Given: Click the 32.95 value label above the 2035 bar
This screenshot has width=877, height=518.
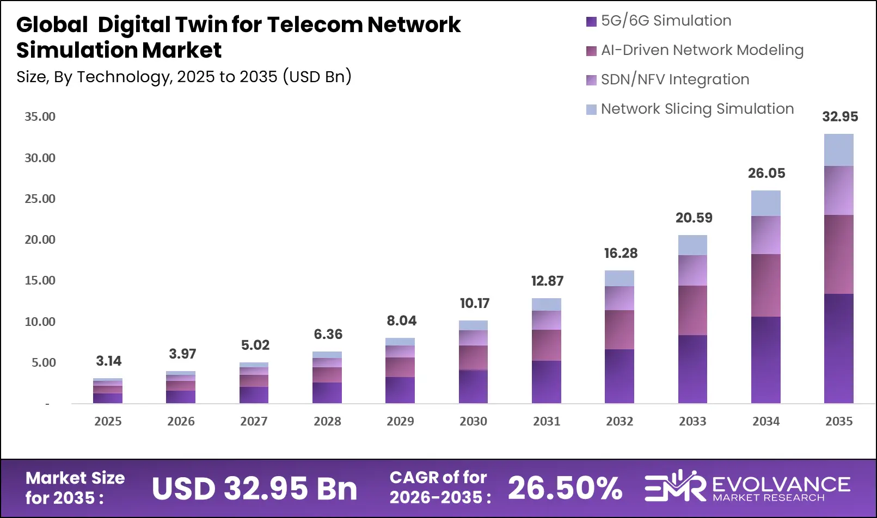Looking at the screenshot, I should click(839, 116).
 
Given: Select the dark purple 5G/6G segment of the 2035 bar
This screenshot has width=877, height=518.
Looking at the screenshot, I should click(838, 348).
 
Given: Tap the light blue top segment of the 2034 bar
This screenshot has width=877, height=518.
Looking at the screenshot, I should click(765, 203).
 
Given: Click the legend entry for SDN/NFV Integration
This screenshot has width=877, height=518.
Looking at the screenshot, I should click(674, 79).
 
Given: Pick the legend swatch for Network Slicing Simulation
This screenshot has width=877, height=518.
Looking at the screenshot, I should click(591, 109).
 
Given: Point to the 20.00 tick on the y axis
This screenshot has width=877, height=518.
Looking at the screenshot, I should click(40, 239).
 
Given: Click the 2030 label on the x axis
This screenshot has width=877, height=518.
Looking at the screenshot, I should click(473, 421).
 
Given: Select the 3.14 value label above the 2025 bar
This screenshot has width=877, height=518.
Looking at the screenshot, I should click(108, 361).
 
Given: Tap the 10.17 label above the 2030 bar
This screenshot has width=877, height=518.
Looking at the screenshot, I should click(474, 303).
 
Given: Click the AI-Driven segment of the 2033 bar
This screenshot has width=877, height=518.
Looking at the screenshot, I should click(692, 310).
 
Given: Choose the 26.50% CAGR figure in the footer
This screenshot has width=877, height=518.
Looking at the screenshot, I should click(565, 488).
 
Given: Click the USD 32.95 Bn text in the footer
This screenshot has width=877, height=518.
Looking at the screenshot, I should click(254, 488).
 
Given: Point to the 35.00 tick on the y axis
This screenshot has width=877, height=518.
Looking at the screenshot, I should click(40, 116).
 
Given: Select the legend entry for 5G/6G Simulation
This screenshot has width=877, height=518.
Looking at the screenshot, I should click(666, 21).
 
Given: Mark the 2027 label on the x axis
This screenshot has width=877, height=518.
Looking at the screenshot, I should click(254, 421).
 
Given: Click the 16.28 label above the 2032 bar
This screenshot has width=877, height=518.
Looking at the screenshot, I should click(621, 253).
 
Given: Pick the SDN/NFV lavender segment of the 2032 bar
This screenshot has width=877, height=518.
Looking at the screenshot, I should click(620, 298).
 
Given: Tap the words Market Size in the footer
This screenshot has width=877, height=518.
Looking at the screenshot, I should click(75, 478).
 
